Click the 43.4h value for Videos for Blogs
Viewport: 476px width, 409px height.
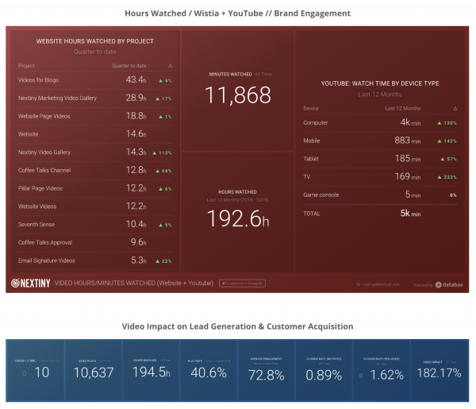[136, 80]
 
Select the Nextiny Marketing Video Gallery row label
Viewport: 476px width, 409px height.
[57, 98]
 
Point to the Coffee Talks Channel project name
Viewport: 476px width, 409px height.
[45, 170]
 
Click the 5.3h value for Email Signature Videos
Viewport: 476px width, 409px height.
[136, 260]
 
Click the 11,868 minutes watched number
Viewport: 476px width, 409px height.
[238, 95]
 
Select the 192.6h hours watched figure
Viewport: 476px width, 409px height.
[238, 219]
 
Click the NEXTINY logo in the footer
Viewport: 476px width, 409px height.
[29, 283]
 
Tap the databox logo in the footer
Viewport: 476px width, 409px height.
[449, 284]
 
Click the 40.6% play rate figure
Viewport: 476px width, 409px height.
[209, 374]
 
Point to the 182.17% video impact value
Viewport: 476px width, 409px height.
[440, 374]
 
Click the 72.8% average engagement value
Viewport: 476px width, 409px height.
[267, 374]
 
